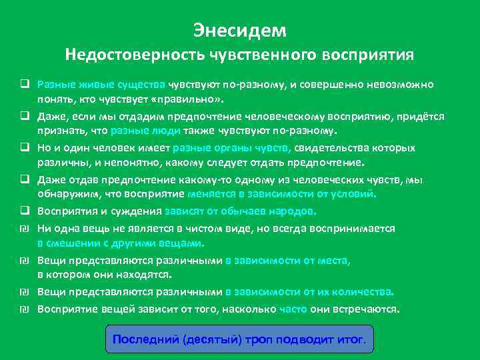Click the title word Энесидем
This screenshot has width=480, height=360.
point(240,30)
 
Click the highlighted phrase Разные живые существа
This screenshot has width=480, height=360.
point(101,85)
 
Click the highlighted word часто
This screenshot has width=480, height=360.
point(293,309)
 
